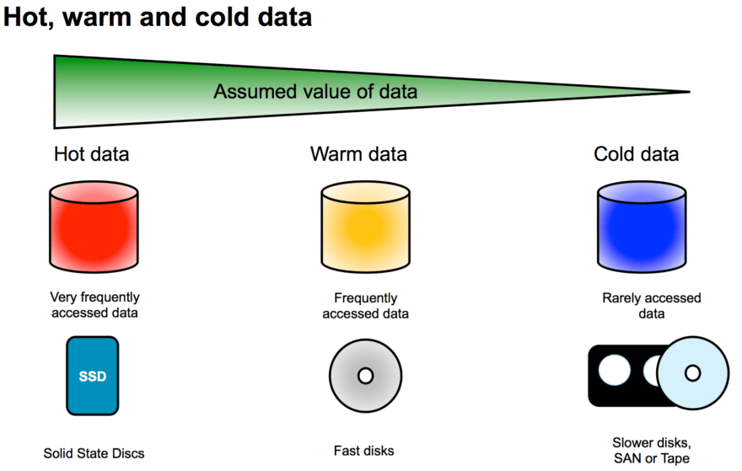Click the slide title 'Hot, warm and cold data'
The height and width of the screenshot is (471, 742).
pos(159,18)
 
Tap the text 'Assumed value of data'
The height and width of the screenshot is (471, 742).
pos(315,91)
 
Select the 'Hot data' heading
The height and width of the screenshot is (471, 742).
pos(91,154)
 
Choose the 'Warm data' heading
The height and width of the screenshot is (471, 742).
pos(358,154)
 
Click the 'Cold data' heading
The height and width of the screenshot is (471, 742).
pos(636,154)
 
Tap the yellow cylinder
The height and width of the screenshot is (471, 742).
pos(365,225)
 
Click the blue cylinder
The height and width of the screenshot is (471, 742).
pos(638,225)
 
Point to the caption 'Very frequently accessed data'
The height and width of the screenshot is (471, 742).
pos(94,305)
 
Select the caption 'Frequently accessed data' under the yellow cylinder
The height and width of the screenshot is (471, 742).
pos(365,306)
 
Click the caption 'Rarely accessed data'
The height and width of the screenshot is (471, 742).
pos(651,306)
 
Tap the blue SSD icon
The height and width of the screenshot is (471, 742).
pos(93,376)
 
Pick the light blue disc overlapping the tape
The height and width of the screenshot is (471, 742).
pos(692,372)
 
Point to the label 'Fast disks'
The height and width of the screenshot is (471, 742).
pos(364,451)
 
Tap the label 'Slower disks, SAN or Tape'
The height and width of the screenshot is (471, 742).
pos(650,450)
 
